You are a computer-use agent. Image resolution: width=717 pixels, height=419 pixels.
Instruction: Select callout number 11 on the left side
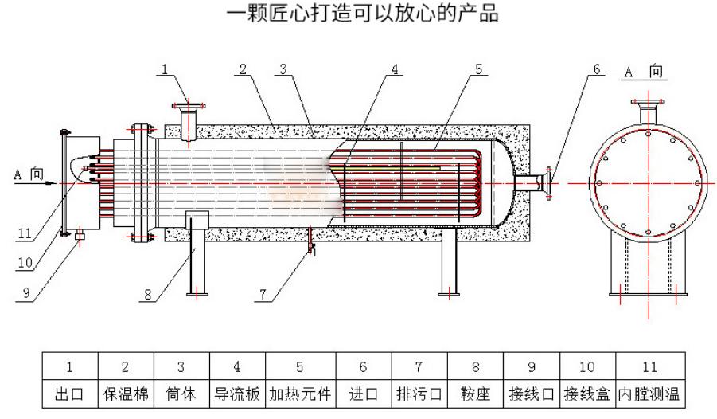point(26,234)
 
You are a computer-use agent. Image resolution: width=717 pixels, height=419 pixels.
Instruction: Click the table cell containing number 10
point(586,367)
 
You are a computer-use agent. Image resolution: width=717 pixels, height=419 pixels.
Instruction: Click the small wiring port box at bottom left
point(79,237)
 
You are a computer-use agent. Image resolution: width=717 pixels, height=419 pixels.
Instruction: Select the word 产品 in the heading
point(481,14)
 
